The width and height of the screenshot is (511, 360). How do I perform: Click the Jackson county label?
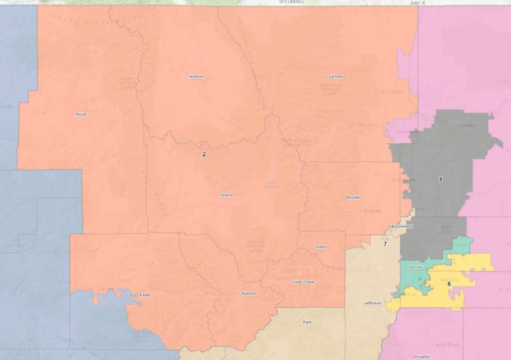pos(196,76)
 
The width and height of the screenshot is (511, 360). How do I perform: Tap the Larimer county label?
pos(336,76)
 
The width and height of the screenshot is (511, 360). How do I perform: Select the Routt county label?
pos(81,114)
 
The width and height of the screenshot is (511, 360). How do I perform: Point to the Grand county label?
pos(227,195)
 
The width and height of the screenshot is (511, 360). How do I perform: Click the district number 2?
pos(204,154)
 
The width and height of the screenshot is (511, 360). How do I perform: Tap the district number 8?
pos(441,179)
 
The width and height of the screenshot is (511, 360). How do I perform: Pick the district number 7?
pos(385,244)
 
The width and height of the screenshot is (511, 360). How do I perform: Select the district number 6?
pos(449,284)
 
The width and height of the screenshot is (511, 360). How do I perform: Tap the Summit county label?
pos(248,293)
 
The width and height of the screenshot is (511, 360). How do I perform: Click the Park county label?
pos(307,322)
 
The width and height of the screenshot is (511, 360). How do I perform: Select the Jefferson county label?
pos(372,303)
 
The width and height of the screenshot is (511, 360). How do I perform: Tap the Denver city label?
pos(416,267)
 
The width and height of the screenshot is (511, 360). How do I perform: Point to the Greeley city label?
pos(467,125)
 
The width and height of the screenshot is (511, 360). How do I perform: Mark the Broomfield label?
pos(402,227)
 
